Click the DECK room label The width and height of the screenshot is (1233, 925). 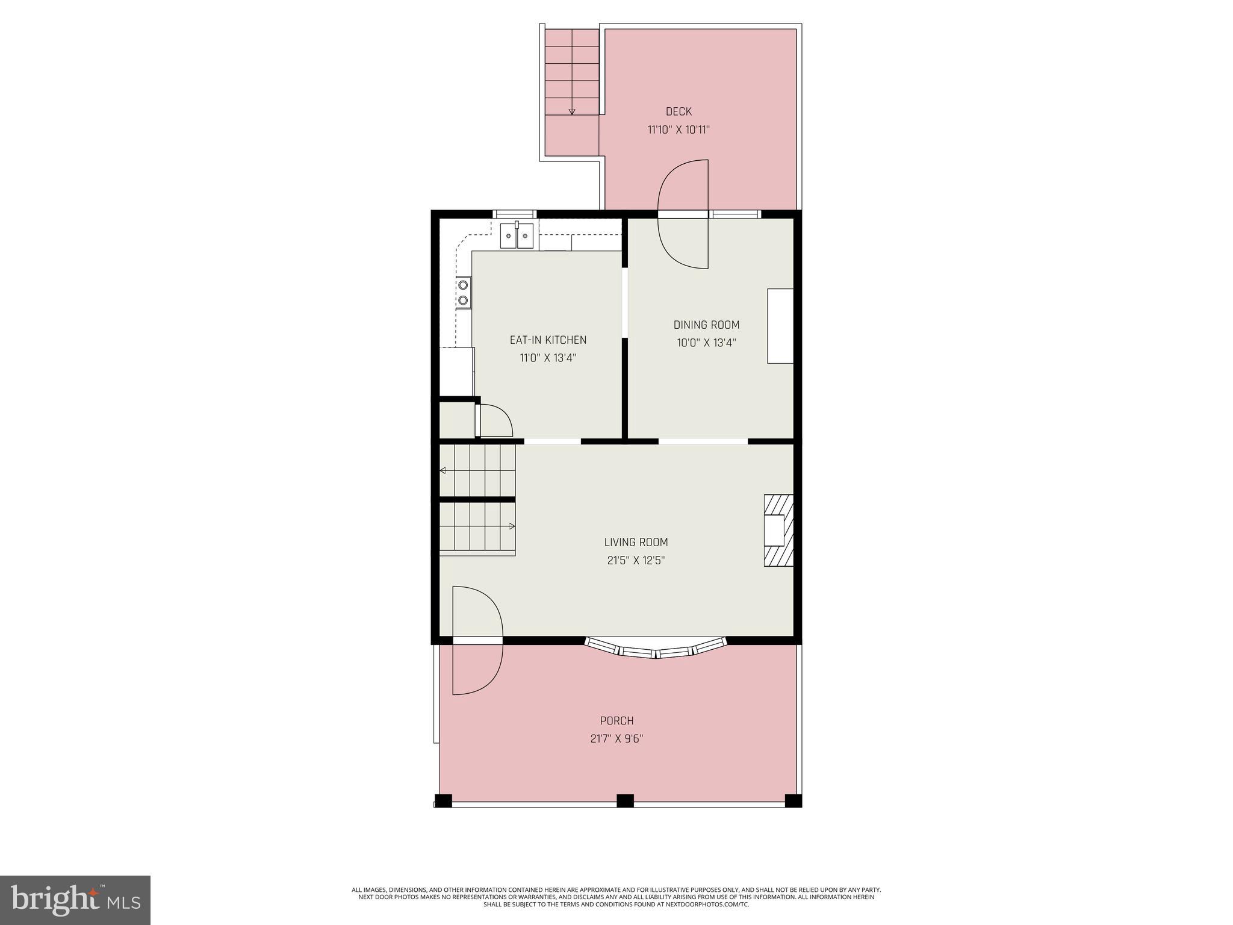point(679,111)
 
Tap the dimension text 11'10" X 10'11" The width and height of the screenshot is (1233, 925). point(679,129)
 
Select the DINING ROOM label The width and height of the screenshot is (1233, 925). point(706,325)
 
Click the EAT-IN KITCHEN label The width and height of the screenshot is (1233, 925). point(548,340)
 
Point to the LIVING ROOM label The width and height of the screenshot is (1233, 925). point(636,542)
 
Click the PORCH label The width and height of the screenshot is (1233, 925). point(616,721)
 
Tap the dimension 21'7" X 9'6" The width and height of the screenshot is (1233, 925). point(616,739)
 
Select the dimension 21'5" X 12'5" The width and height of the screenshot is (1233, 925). point(636,561)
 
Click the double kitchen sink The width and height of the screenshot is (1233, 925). point(517,235)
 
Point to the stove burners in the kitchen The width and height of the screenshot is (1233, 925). point(464,293)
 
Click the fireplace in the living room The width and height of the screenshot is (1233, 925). point(778,531)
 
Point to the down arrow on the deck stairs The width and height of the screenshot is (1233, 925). point(572,111)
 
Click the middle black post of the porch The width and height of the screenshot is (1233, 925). point(625,800)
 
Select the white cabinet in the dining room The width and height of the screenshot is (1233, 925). point(780,326)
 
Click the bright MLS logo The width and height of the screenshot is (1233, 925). point(75,900)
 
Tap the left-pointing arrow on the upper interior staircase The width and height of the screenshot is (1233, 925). point(443,470)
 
